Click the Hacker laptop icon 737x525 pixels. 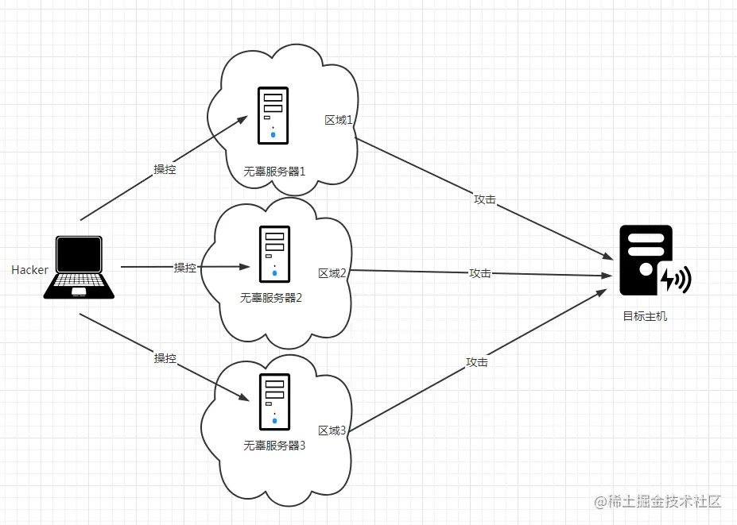[78, 267]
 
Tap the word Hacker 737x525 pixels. [30, 270]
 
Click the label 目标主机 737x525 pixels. [645, 316]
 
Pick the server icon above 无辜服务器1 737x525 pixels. [273, 116]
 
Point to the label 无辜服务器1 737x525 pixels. [274, 171]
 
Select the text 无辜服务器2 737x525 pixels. [271, 298]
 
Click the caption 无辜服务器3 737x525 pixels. [274, 446]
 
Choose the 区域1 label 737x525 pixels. [339, 120]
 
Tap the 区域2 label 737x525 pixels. [332, 273]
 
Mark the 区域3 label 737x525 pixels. [332, 430]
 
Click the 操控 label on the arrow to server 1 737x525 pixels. [165, 169]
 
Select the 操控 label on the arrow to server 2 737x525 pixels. [185, 268]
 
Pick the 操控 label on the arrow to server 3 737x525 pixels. [165, 358]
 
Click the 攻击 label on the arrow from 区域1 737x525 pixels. [484, 199]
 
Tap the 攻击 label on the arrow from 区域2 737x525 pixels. [479, 273]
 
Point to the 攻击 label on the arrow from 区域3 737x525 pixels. [476, 362]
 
